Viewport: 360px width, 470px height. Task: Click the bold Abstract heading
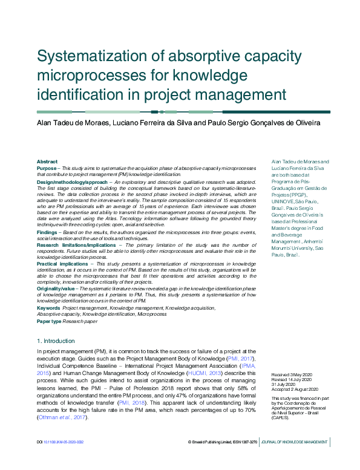tap(47, 162)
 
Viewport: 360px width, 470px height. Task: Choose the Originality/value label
tap(57, 289)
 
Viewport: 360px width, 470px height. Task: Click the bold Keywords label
tap(48, 308)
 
